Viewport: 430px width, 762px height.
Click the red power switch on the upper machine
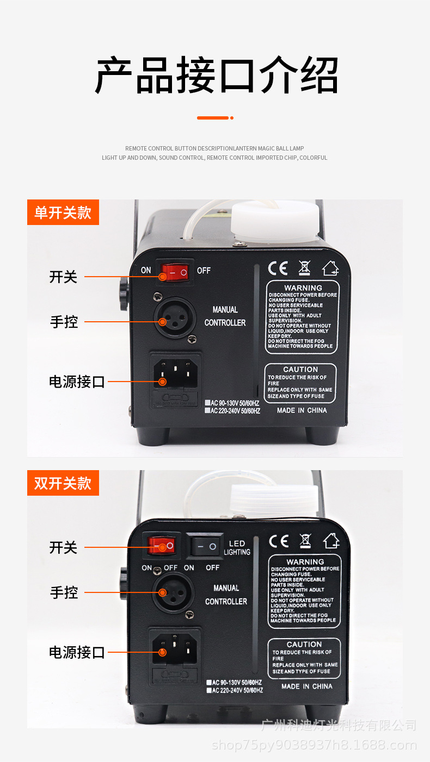[175, 271]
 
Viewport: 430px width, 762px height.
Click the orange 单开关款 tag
[63, 212]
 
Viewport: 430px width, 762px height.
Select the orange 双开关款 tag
[63, 483]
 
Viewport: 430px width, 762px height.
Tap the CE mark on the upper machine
[278, 268]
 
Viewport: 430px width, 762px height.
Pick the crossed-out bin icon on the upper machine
[304, 268]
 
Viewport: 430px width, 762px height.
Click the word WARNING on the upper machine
[303, 287]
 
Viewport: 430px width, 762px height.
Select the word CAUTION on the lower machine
[304, 644]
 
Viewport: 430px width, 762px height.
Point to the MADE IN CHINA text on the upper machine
[302, 410]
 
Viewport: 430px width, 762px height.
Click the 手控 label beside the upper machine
[64, 322]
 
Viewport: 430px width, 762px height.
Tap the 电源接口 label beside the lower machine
[77, 652]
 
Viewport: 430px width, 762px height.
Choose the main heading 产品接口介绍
[216, 76]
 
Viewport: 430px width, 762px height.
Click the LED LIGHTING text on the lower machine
[237, 548]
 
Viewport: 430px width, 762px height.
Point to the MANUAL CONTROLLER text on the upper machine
[225, 316]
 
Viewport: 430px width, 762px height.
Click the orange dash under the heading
[214, 117]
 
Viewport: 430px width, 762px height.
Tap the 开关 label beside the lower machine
[64, 547]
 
